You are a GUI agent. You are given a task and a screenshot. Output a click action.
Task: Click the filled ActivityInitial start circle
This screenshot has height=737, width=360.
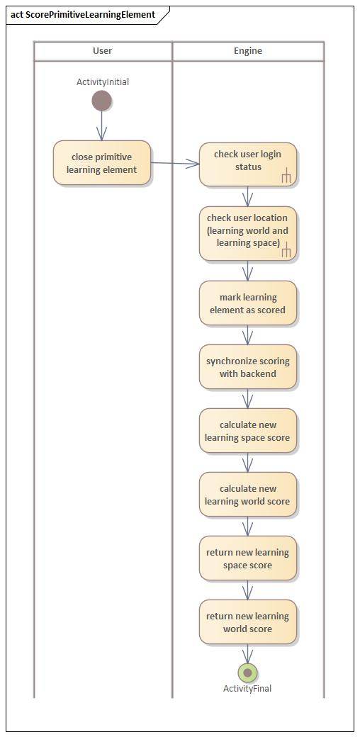[102, 101]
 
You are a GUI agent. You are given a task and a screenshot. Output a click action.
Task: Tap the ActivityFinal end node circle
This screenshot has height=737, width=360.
[247, 673]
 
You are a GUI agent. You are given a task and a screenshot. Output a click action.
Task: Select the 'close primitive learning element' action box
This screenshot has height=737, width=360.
[102, 163]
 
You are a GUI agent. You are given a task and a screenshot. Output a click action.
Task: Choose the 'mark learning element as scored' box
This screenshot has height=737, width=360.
[247, 303]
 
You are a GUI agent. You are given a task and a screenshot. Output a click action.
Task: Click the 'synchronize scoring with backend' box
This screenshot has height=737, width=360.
[247, 367]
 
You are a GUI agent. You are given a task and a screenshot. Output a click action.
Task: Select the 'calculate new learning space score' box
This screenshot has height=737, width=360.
[247, 431]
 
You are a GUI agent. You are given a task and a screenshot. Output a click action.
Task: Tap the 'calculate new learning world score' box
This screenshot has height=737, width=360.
[247, 495]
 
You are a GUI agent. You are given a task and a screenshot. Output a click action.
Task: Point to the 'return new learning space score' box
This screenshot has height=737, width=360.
[247, 558]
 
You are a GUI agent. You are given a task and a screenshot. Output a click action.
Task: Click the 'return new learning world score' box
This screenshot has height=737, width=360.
[247, 622]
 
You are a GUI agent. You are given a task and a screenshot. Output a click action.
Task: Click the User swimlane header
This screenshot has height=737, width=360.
[103, 51]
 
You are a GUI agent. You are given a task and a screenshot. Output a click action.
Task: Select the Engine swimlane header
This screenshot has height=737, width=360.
[248, 51]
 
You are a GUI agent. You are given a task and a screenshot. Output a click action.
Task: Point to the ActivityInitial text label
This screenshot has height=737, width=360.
[103, 82]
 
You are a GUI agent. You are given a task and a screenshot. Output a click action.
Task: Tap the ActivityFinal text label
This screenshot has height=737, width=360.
[247, 689]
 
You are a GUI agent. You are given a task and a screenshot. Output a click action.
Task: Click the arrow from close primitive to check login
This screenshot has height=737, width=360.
[175, 164]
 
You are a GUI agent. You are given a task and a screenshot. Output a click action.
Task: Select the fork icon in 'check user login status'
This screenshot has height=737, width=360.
[286, 176]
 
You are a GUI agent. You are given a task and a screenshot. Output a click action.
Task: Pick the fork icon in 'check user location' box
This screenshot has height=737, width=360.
[286, 250]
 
